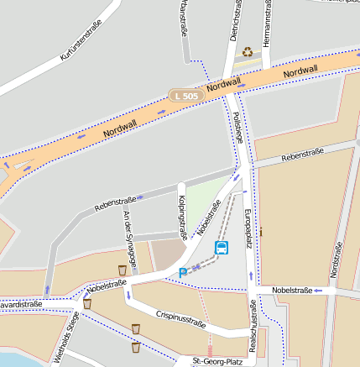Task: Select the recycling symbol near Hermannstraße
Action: click(x=248, y=52)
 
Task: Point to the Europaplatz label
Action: click(x=248, y=228)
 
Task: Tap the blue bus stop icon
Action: click(x=222, y=247)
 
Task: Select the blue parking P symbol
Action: click(x=183, y=273)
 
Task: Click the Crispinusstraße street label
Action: click(x=180, y=317)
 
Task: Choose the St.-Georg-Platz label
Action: click(x=217, y=361)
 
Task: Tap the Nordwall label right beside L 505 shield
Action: click(x=223, y=84)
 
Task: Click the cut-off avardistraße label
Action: click(x=20, y=304)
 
